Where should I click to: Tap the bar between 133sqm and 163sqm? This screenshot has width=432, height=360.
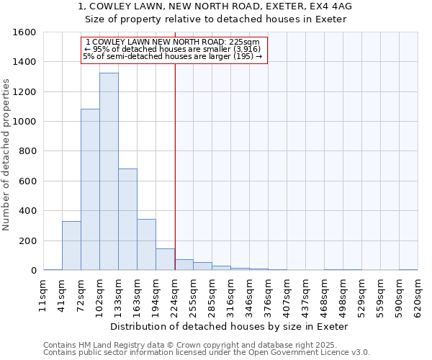127,219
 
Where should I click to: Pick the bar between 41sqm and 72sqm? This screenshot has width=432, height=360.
71,246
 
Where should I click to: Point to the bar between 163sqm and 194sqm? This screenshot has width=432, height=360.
146,244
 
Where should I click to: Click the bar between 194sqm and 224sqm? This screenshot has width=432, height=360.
165,259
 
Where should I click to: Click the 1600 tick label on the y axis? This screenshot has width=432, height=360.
24,32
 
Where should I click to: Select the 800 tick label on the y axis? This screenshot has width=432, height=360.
27,151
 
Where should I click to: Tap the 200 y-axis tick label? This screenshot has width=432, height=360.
27,240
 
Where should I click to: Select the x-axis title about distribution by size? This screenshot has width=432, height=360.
230,326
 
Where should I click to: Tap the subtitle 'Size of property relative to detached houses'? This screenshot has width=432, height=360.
215,19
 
